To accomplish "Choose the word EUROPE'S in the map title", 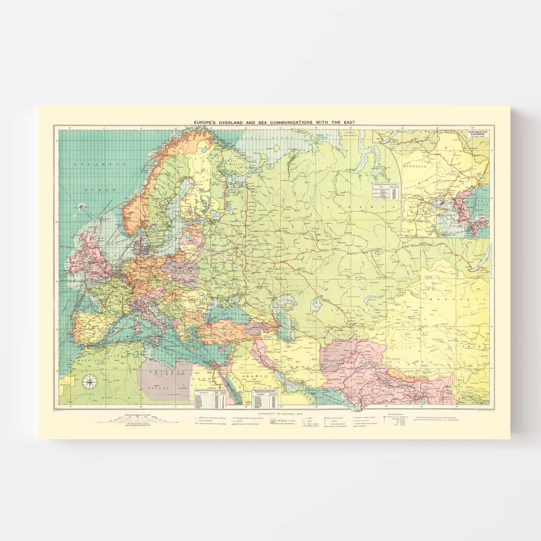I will (205, 123).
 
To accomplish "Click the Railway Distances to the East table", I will (386, 192).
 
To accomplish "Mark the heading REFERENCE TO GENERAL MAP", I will (274, 414).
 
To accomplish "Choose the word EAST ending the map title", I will (349, 123).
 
